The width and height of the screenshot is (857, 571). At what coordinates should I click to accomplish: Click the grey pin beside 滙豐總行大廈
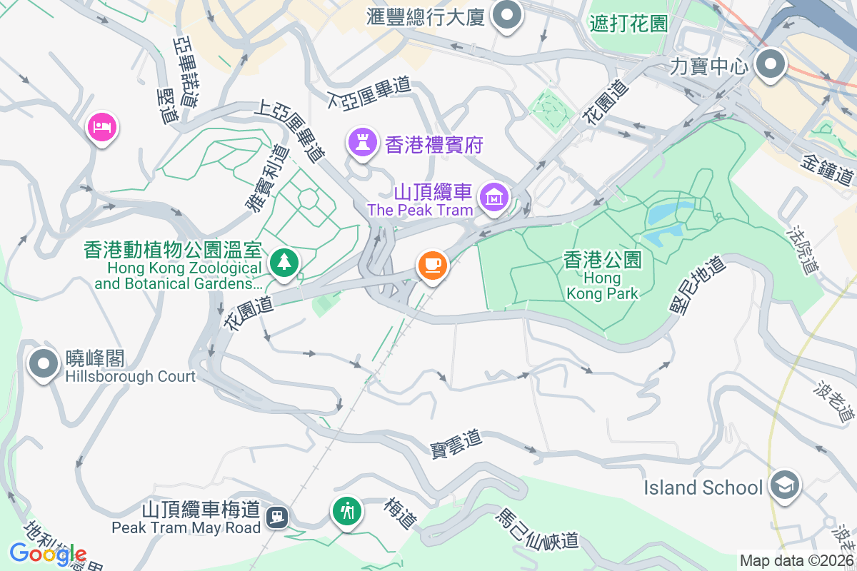(x=508, y=16)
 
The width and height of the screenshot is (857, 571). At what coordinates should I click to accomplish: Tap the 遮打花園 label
(x=628, y=23)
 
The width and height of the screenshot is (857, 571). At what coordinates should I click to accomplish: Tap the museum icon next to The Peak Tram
(x=493, y=196)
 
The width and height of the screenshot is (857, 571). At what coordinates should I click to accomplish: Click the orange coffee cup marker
(x=432, y=266)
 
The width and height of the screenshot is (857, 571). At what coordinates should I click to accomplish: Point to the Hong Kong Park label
(x=602, y=275)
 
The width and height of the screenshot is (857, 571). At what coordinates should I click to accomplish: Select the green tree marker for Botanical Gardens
(x=285, y=262)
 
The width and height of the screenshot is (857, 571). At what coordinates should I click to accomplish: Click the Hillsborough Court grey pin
(x=44, y=365)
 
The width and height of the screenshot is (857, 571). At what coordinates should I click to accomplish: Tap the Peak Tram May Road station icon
(x=276, y=515)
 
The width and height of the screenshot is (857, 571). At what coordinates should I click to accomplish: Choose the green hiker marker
(x=347, y=511)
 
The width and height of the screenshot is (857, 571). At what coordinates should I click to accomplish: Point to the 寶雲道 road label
(x=456, y=443)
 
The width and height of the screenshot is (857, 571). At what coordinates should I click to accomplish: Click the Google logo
(x=48, y=554)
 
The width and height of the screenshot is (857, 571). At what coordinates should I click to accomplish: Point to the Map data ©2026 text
(x=796, y=561)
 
